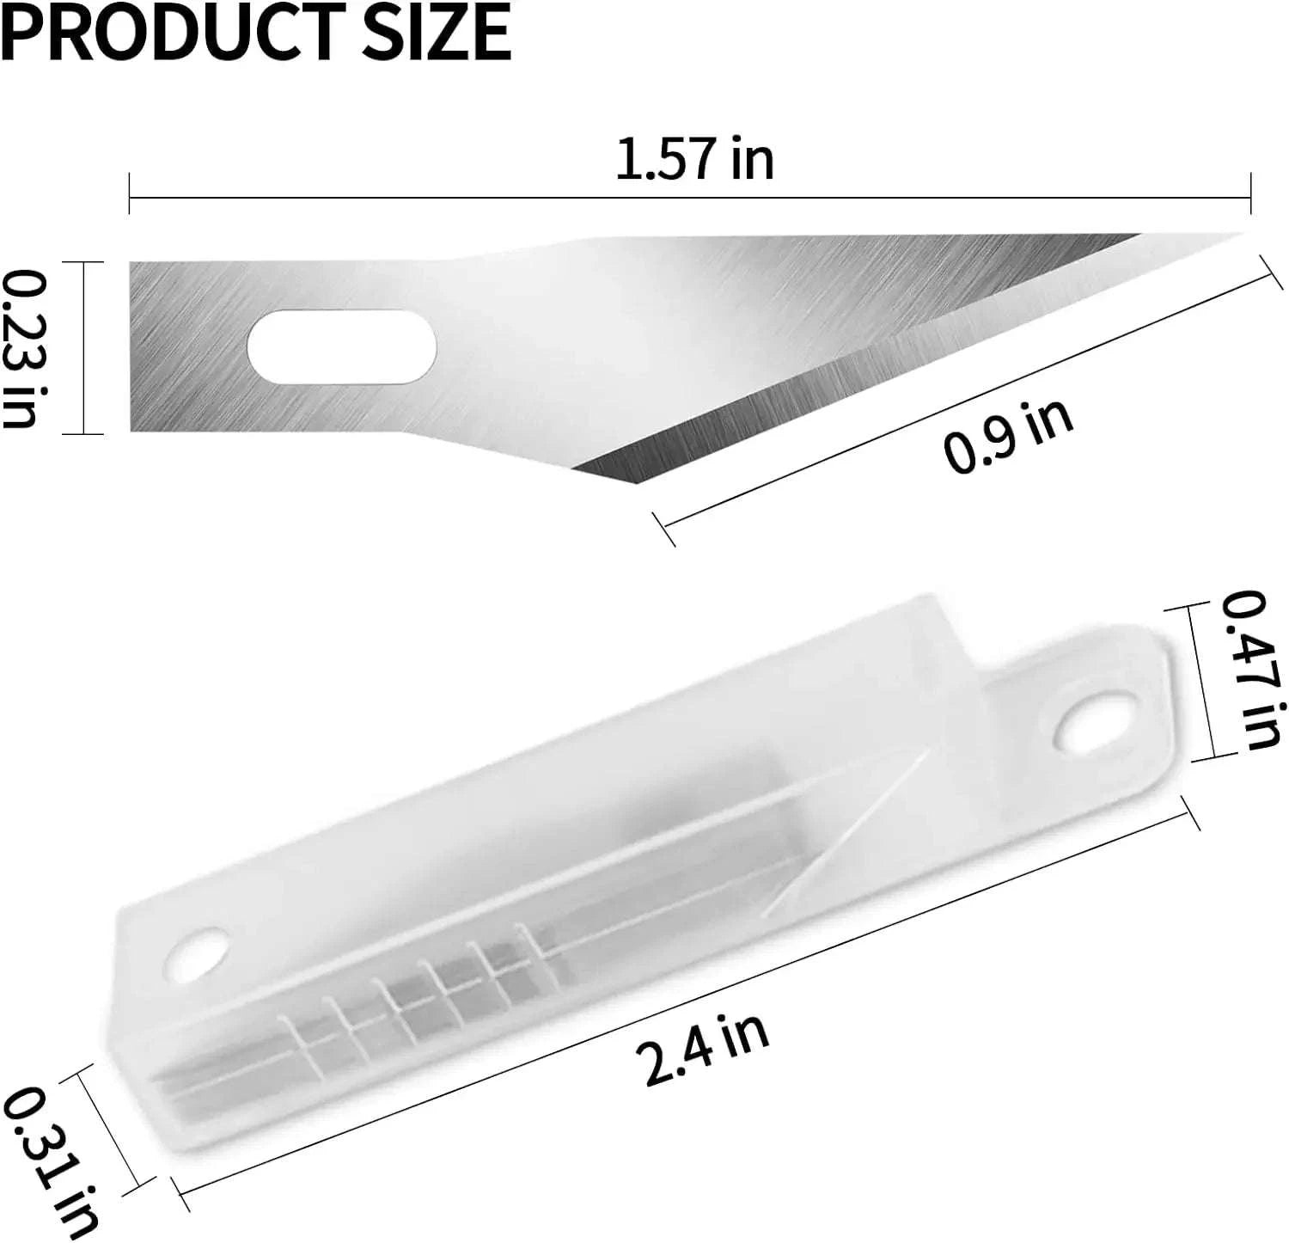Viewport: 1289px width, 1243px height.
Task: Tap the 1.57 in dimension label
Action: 694,160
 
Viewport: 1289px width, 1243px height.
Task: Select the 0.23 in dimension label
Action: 21,347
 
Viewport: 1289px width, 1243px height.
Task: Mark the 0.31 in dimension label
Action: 52,1160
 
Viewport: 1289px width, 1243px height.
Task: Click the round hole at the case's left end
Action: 197,957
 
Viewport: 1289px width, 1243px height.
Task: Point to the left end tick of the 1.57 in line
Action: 130,193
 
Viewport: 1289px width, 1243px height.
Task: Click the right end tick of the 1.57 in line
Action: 1250,193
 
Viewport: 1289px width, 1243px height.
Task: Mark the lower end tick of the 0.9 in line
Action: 664,530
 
